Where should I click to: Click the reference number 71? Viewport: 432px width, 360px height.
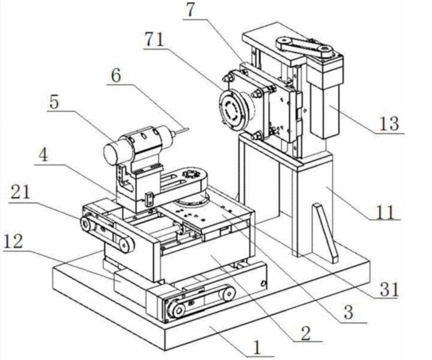point(155,40)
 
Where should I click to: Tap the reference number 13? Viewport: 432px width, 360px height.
point(389,124)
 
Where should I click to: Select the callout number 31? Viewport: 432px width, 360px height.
point(389,290)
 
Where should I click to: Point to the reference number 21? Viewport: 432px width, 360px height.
point(20,192)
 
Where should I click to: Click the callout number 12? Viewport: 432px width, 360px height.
point(13,242)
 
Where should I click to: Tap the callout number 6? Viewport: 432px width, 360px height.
point(116,75)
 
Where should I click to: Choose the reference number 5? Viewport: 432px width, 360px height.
point(54,102)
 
